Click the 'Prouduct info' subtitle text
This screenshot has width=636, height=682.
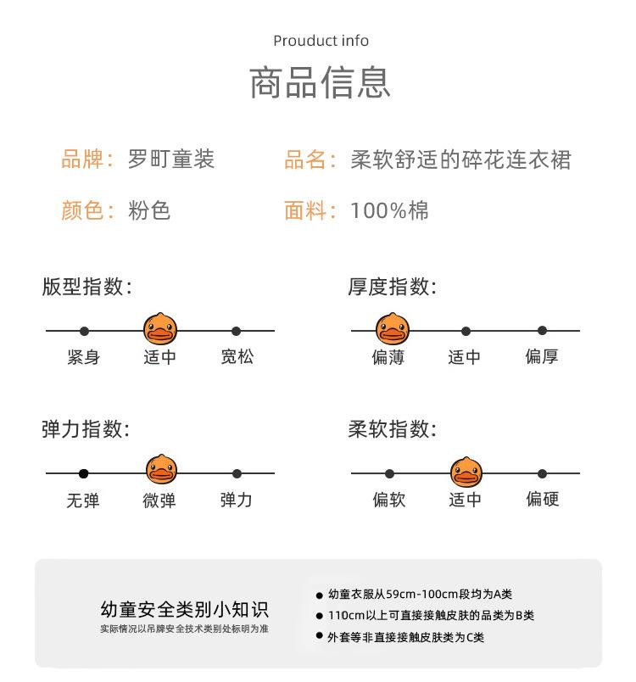pos(321,41)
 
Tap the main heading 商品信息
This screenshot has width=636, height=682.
pos(321,83)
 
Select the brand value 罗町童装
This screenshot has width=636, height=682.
pos(171,159)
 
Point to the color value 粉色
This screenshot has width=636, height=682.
pos(149,210)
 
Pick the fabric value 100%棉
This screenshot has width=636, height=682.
pos(389,210)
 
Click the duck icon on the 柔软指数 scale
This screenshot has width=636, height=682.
pos(466,472)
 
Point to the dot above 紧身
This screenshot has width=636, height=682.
pos(84,331)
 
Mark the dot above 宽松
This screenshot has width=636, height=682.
pos(237,331)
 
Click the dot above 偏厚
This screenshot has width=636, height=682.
pos(542,331)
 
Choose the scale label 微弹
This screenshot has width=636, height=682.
pos(159,500)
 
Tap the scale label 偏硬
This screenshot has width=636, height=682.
pos(542,499)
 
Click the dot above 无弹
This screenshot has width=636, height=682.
pos(84,473)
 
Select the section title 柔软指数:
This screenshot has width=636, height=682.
pos(392,430)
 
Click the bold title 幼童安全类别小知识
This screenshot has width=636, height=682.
pos(184,609)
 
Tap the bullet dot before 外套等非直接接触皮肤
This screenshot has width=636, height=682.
pos(320,636)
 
